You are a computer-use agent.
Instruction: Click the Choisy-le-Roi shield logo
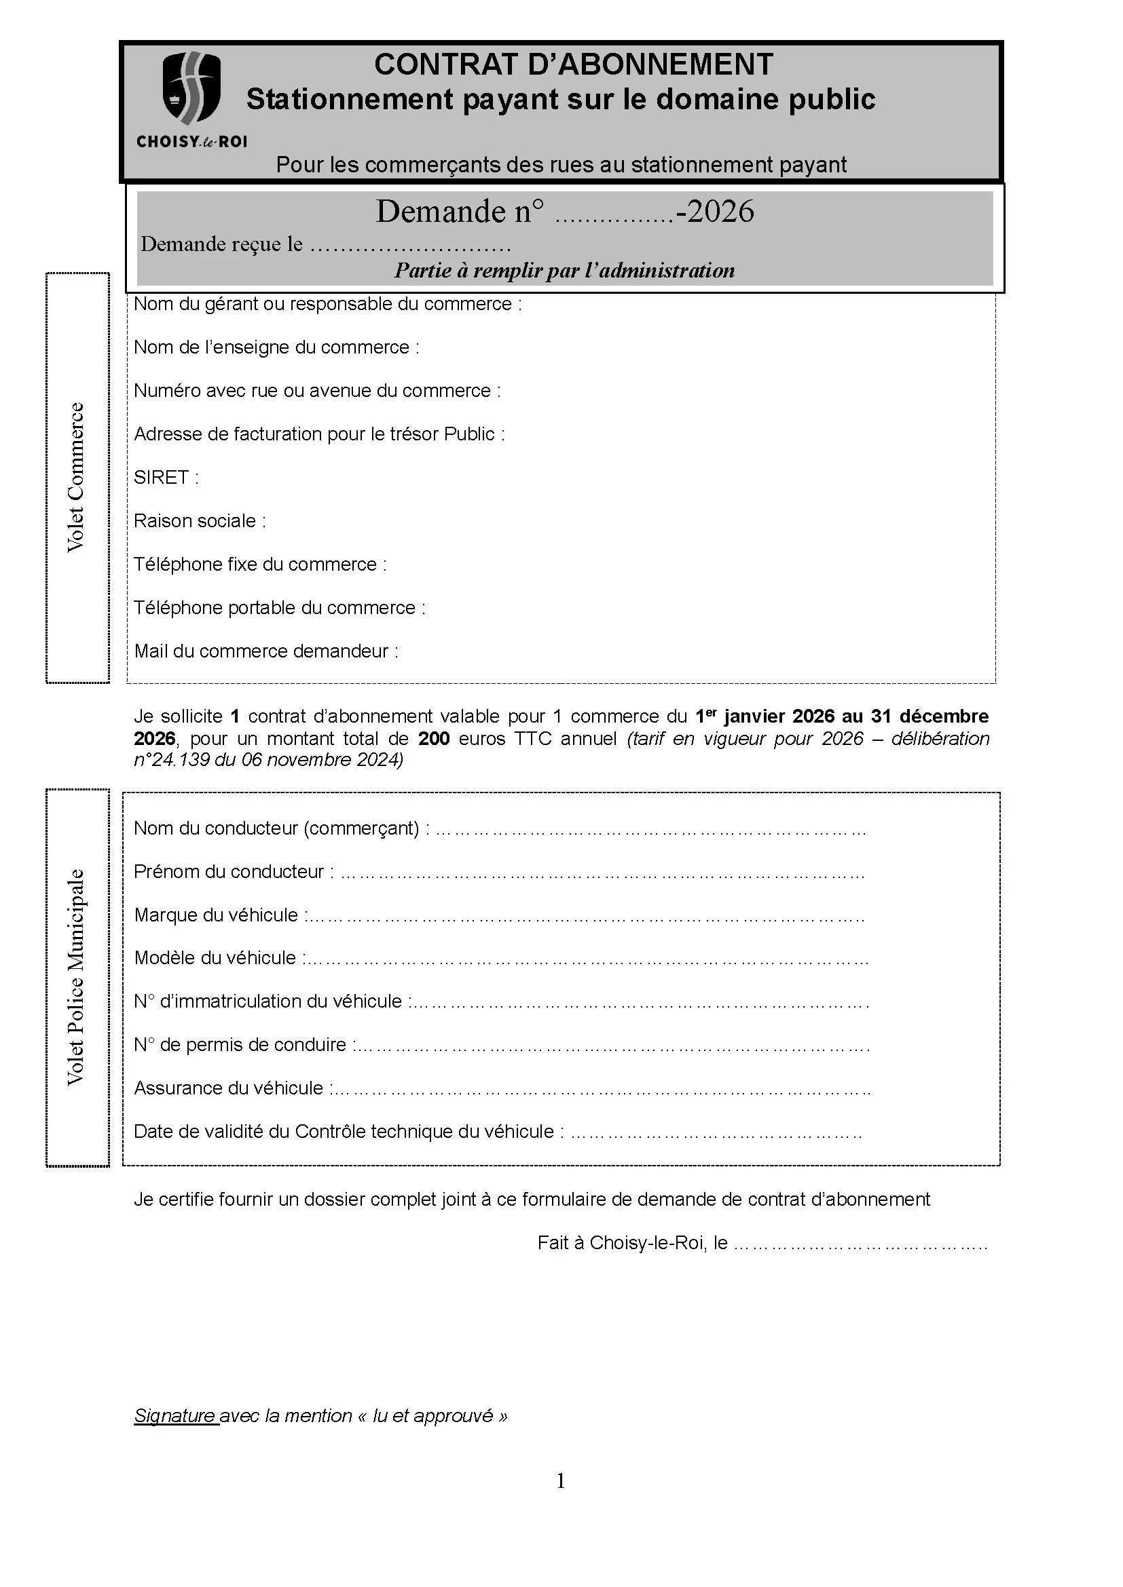click(x=191, y=87)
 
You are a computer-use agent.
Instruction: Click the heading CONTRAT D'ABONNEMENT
click(x=573, y=65)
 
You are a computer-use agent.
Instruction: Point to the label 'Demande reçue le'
click(x=221, y=244)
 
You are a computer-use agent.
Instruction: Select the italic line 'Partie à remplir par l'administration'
click(x=564, y=270)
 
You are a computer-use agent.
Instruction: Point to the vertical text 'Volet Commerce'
click(x=75, y=478)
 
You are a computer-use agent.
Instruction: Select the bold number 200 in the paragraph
click(x=434, y=739)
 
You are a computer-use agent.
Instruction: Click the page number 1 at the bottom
click(x=561, y=1480)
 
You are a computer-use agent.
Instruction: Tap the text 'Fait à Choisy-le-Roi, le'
click(x=632, y=1243)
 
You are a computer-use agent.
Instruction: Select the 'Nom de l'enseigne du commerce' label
click(x=276, y=347)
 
